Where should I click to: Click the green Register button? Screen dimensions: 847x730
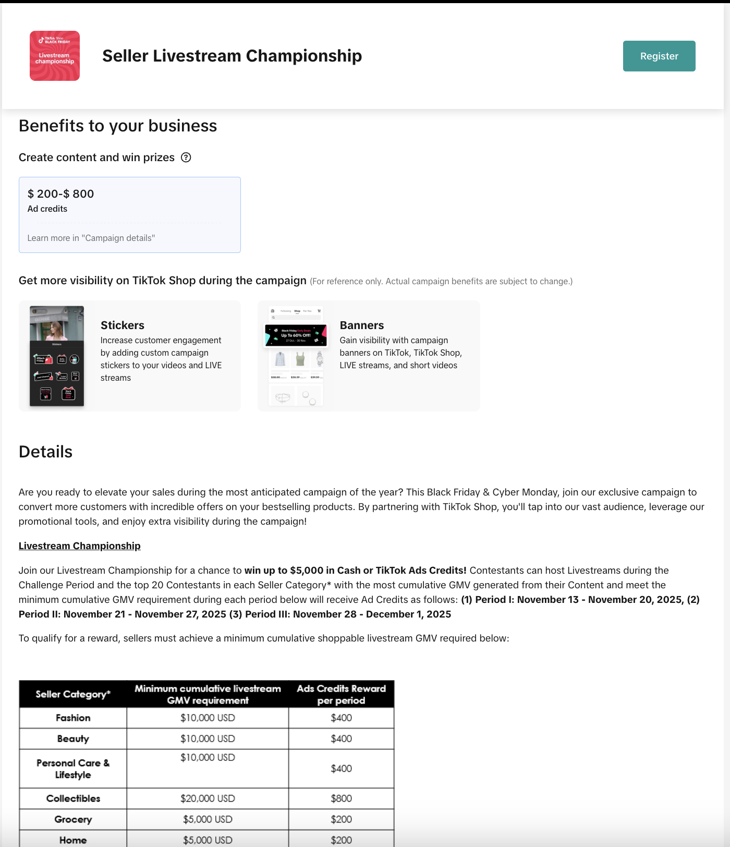(659, 56)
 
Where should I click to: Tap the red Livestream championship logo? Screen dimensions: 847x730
(55, 56)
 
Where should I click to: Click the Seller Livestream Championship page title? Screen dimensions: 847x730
(232, 56)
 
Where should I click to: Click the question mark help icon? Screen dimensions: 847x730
(186, 158)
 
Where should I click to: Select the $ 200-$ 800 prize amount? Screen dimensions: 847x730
(60, 194)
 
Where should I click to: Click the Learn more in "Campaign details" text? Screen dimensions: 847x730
(91, 238)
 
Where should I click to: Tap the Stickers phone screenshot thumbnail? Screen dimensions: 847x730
(57, 356)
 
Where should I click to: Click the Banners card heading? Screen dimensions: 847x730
(362, 325)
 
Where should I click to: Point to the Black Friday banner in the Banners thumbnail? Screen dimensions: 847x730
(296, 335)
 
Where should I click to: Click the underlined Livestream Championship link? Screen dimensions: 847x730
(80, 546)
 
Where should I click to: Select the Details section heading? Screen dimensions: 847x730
(46, 452)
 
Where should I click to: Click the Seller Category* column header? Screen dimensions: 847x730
(73, 694)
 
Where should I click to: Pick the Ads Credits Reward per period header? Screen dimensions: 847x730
(341, 694)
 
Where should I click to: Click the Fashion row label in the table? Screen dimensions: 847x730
(73, 718)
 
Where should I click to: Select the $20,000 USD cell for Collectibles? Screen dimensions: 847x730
(208, 798)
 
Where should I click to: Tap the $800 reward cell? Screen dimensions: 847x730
(341, 798)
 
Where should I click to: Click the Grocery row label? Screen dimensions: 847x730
(73, 819)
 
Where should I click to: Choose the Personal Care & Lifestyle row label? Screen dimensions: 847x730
(73, 769)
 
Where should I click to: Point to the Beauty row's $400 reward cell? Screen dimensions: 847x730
(341, 739)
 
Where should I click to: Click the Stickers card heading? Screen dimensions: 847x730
(123, 325)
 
